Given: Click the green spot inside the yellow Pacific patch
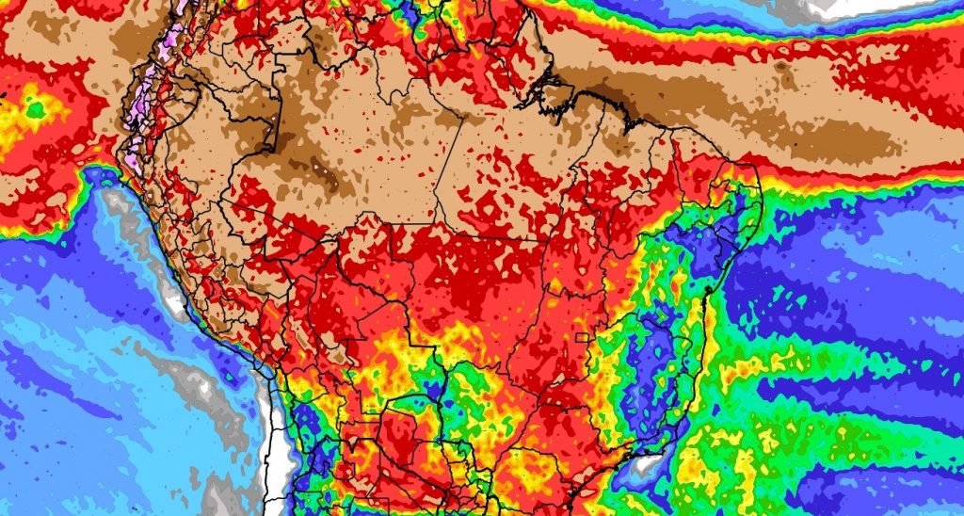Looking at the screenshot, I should pos(37,111).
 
